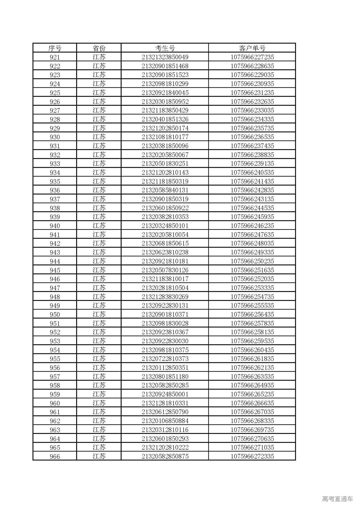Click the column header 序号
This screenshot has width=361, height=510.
(x=55, y=48)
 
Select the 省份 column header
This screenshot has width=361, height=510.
(x=99, y=48)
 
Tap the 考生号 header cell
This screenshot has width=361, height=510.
(x=165, y=48)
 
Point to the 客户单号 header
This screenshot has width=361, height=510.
(x=252, y=48)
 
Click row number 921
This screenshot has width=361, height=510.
(x=55, y=57)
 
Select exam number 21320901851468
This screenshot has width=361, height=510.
(x=165, y=66)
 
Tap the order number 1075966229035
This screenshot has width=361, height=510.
(x=252, y=75)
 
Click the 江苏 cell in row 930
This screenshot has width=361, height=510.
(x=99, y=137)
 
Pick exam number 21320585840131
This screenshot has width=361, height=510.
(x=165, y=190)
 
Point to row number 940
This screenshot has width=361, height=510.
(x=55, y=226)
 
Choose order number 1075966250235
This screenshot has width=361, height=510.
(x=252, y=261)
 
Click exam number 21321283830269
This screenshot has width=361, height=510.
(x=165, y=297)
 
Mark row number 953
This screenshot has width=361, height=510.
(x=55, y=341)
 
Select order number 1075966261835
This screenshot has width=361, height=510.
(x=252, y=359)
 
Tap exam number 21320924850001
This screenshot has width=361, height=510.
(x=165, y=394)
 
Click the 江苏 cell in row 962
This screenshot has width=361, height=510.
(x=99, y=421)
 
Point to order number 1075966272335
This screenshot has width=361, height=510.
(x=252, y=456)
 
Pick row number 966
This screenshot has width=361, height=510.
(x=55, y=456)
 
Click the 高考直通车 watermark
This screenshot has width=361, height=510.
(x=337, y=499)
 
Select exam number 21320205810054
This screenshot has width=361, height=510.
(x=165, y=234)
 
